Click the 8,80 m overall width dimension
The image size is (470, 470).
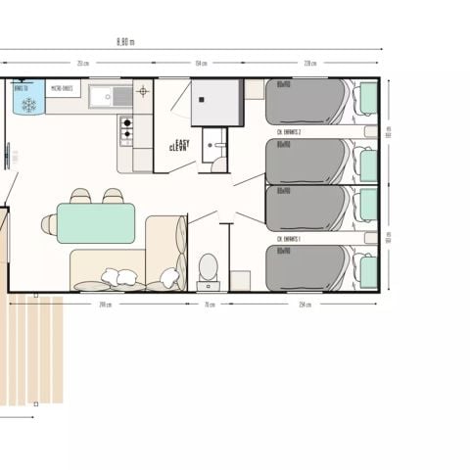pyautogui.click(x=125, y=41)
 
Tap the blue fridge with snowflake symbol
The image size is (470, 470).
pyautogui.click(x=28, y=99)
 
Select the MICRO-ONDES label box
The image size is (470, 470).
pyautogui.click(x=64, y=89)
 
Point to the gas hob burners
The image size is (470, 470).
pyautogui.click(x=126, y=128)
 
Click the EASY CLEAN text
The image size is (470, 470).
pyautogui.click(x=179, y=144)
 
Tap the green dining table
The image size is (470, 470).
pyautogui.click(x=96, y=222)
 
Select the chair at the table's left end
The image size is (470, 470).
pyautogui.click(x=49, y=224)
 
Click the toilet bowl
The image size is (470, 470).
pyautogui.click(x=208, y=266)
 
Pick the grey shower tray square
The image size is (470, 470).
pyautogui.click(x=216, y=103)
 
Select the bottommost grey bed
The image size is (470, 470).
pyautogui.click(x=306, y=267)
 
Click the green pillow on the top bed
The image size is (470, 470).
pyautogui.click(x=368, y=99)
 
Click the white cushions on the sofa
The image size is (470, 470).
pyautogui.click(x=123, y=278)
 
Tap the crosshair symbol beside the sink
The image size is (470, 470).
pyautogui.click(x=143, y=92)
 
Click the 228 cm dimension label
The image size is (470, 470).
pyautogui.click(x=309, y=64)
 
